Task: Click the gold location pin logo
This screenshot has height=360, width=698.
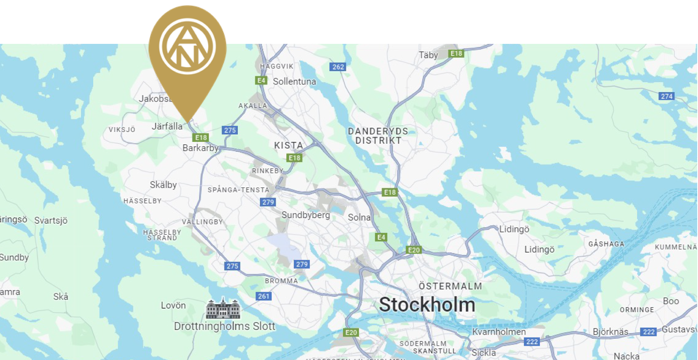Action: coord(187,47)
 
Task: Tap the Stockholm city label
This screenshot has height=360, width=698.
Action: coord(427,305)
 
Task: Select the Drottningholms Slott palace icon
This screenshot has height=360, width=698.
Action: coord(223,308)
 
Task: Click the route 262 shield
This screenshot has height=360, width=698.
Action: coord(338,67)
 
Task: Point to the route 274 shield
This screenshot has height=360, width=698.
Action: coord(666,96)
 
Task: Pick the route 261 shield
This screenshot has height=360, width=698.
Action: coord(263,296)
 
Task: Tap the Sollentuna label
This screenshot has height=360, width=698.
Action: coord(294,82)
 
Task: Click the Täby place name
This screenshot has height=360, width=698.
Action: coord(428,55)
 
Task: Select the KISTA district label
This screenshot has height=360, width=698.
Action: coord(289,145)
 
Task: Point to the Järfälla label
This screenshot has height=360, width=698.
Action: coord(167,126)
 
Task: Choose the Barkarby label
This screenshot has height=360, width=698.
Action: coord(200,148)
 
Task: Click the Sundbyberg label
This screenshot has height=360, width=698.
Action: coord(305,215)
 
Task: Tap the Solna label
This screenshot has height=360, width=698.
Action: coord(359,217)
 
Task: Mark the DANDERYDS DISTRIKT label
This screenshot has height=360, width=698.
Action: coord(378,136)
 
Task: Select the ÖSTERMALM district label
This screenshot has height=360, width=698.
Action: coord(450,286)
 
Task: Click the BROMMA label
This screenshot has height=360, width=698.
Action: coord(281,281)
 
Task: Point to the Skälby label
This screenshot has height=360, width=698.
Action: coord(163,185)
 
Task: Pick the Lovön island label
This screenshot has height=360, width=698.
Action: coord(173,305)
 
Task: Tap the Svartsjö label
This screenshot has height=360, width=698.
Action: coord(51,221)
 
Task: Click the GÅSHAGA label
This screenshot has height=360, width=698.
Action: coord(606,244)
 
